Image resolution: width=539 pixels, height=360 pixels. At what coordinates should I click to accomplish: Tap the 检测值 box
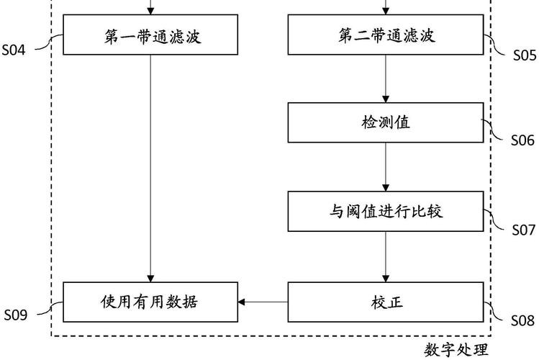386,122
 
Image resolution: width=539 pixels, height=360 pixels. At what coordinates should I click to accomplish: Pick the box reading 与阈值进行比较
386,212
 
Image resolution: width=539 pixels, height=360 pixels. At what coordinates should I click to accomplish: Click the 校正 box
386,302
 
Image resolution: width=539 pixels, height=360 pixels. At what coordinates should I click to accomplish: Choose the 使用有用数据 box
150,302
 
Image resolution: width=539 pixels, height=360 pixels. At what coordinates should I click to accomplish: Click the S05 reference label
524,54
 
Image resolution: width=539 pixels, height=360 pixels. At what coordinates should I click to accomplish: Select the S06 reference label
524,140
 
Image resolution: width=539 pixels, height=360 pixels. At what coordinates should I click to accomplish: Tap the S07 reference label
524,230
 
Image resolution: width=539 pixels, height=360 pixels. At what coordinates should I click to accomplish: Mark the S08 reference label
524,320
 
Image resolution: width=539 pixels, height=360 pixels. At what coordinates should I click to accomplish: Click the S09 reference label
17,315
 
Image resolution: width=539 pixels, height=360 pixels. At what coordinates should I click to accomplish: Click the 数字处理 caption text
456,350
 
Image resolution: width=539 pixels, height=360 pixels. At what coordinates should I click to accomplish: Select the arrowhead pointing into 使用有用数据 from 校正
243,302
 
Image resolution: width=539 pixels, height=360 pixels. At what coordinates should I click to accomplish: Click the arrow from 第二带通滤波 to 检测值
386,78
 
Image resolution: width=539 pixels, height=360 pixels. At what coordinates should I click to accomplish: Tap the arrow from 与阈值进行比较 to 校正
386,257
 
